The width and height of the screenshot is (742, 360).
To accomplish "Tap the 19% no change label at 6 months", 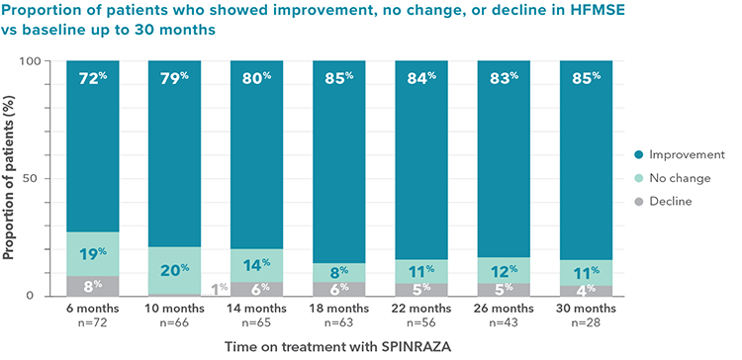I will click(x=92, y=254).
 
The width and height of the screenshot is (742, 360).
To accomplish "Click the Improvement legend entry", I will click(x=684, y=155).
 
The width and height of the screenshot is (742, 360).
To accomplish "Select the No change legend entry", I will click(x=679, y=178).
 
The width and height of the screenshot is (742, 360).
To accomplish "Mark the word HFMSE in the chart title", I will click(x=585, y=12).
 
